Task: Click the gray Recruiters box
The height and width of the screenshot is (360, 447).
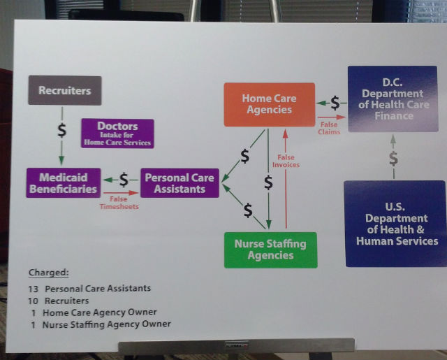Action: [x=64, y=91]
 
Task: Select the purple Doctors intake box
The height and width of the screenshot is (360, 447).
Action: [x=117, y=133]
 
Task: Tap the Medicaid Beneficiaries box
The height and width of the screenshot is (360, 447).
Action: [x=63, y=183]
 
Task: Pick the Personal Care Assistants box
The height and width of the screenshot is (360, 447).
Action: [x=179, y=183]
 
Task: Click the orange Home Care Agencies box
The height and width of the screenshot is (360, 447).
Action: [x=268, y=104]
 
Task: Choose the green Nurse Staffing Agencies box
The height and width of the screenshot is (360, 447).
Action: [x=270, y=250]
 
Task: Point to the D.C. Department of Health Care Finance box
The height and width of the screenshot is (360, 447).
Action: [x=393, y=99]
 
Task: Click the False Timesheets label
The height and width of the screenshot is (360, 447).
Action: [x=120, y=203]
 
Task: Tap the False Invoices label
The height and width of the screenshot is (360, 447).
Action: [x=286, y=161]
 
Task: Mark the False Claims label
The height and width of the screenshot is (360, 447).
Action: [x=329, y=129]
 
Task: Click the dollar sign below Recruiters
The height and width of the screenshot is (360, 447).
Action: [x=61, y=129]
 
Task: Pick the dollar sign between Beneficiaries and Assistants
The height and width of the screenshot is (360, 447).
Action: [x=124, y=180]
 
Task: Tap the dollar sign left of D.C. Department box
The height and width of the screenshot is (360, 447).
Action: [x=335, y=103]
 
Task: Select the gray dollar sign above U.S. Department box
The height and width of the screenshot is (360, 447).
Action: [x=393, y=159]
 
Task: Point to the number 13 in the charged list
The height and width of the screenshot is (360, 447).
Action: [x=34, y=288]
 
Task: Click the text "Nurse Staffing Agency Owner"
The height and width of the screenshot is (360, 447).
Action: [x=106, y=324]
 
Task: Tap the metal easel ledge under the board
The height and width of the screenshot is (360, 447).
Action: [x=235, y=345]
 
